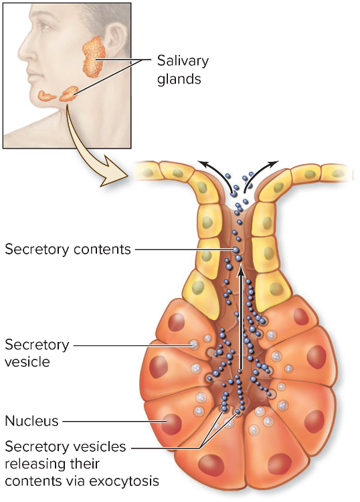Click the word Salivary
[183, 61]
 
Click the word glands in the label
[179, 79]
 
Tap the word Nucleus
[31, 421]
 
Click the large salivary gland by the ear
[94, 57]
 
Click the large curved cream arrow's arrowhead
[114, 175]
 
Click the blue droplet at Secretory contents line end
[236, 250]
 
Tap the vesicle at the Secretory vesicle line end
[193, 345]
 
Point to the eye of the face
[45, 26]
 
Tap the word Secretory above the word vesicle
[37, 345]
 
